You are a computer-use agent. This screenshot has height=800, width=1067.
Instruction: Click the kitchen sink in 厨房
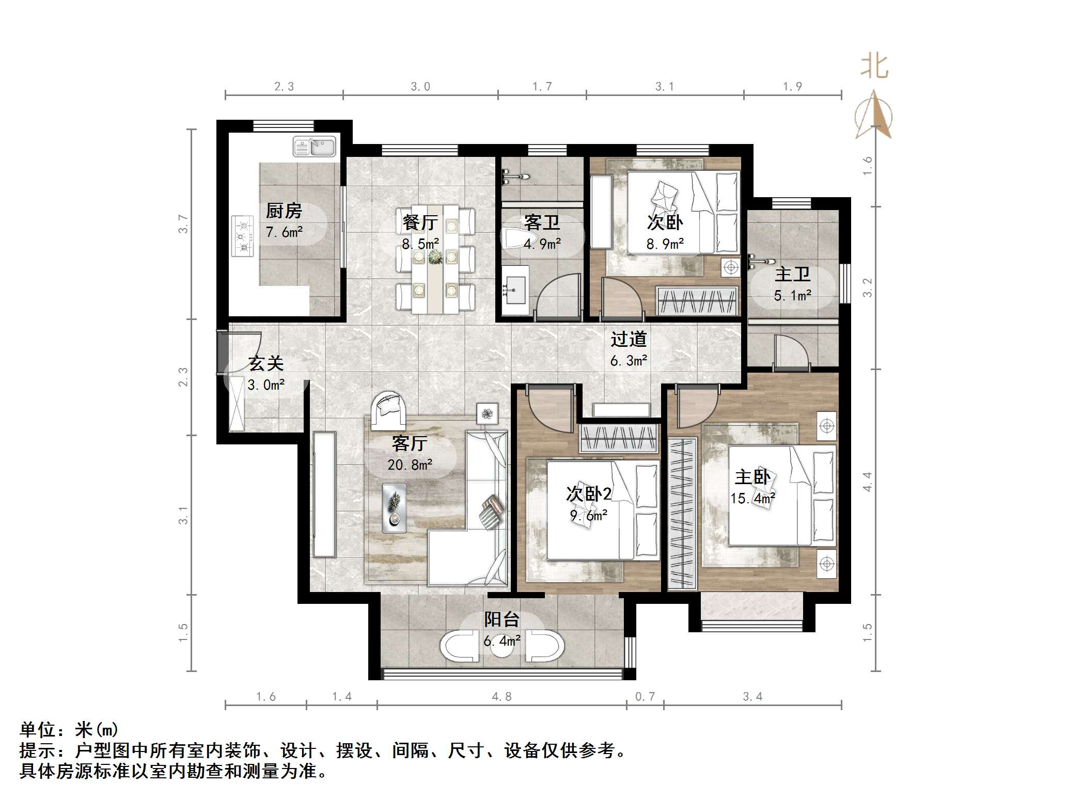coord(314,147)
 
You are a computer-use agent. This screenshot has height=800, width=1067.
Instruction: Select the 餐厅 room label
coord(420,222)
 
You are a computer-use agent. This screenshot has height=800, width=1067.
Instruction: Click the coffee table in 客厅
coord(394,507)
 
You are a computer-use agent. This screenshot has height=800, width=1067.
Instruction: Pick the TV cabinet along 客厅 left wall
coord(324,494)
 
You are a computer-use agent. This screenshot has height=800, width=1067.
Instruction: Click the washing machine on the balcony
coord(461,647)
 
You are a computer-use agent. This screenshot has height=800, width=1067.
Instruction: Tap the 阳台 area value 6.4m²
coord(501,641)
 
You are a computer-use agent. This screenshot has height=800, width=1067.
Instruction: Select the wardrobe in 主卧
coord(682,513)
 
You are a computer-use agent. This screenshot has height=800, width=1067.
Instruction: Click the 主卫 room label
coord(792,274)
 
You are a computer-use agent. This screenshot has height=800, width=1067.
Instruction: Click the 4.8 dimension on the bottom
coord(501,697)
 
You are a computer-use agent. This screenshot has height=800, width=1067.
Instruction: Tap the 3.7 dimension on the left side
coord(183,224)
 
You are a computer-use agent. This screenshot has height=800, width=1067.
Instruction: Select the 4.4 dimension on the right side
coord(868,482)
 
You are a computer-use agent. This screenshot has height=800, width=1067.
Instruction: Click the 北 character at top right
coord(874,67)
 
